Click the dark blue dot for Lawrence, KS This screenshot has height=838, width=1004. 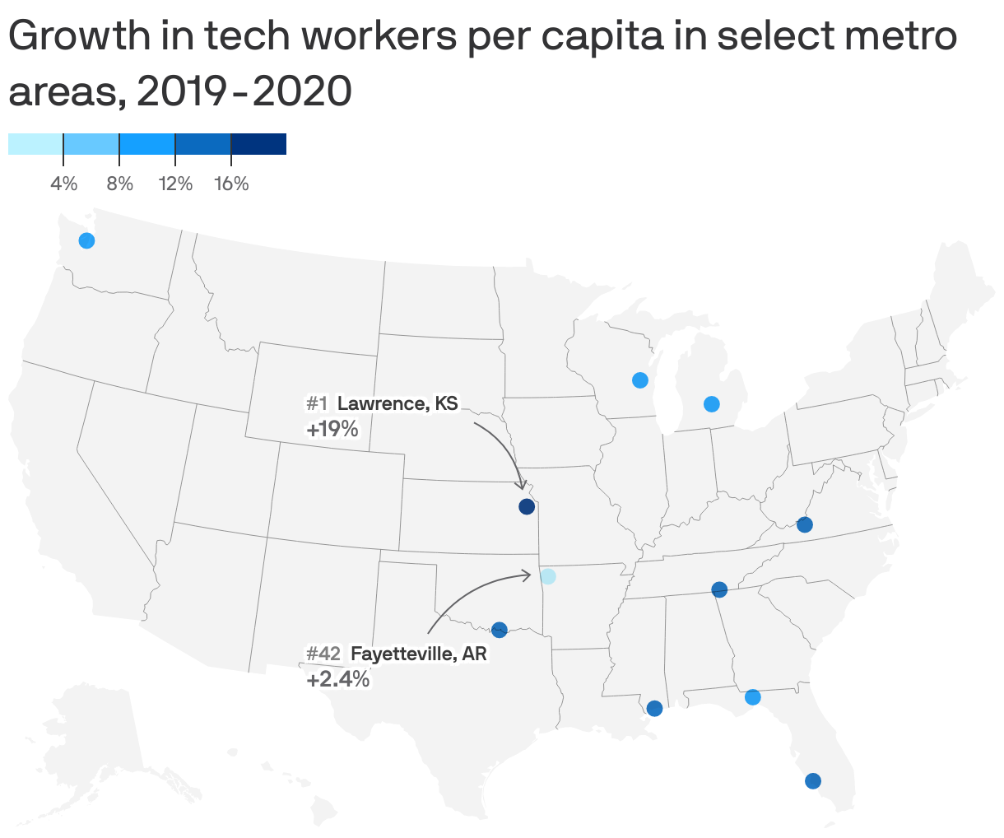click(527, 507)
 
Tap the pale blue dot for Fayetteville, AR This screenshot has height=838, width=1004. click(548, 576)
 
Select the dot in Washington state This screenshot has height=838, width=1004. click(86, 240)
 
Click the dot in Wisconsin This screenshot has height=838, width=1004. click(639, 380)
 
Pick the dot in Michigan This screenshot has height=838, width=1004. click(712, 404)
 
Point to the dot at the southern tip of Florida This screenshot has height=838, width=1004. click(813, 781)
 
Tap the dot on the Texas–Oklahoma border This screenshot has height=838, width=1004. click(499, 631)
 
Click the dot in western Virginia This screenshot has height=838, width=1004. click(805, 524)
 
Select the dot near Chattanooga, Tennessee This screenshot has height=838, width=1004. click(719, 589)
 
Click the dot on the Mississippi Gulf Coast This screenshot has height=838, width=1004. click(655, 708)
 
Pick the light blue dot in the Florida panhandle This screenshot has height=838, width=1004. click(752, 697)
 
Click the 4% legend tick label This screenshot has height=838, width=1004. click(64, 184)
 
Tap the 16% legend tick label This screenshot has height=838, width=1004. click(231, 184)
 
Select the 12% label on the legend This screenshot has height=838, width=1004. click(175, 184)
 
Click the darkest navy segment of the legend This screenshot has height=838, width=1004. click(258, 144)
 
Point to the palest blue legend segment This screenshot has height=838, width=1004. click(35, 144)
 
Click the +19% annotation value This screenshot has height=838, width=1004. click(332, 429)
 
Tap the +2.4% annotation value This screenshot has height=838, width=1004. click(338, 681)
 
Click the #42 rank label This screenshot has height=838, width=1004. click(323, 654)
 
